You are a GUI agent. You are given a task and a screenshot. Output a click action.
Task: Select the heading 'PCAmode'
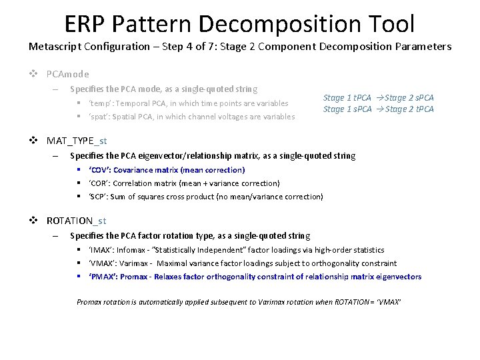(67, 74)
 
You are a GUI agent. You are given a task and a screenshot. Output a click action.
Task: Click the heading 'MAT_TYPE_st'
(77, 141)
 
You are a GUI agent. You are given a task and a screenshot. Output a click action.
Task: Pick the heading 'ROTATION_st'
(76, 221)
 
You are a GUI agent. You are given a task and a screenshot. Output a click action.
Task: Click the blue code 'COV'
(101, 170)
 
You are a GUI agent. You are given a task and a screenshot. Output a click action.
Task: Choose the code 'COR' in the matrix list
(101, 183)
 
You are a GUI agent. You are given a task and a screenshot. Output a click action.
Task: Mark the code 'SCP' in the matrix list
(100, 197)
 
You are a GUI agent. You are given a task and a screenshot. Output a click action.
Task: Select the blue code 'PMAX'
(103, 277)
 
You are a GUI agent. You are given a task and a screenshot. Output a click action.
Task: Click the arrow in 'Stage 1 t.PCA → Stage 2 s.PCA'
(379, 98)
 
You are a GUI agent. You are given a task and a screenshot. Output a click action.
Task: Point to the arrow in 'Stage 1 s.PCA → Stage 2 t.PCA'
(379, 109)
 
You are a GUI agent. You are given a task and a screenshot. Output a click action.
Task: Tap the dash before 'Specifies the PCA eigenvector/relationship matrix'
(56, 157)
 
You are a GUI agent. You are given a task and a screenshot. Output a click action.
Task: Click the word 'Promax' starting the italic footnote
(89, 302)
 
